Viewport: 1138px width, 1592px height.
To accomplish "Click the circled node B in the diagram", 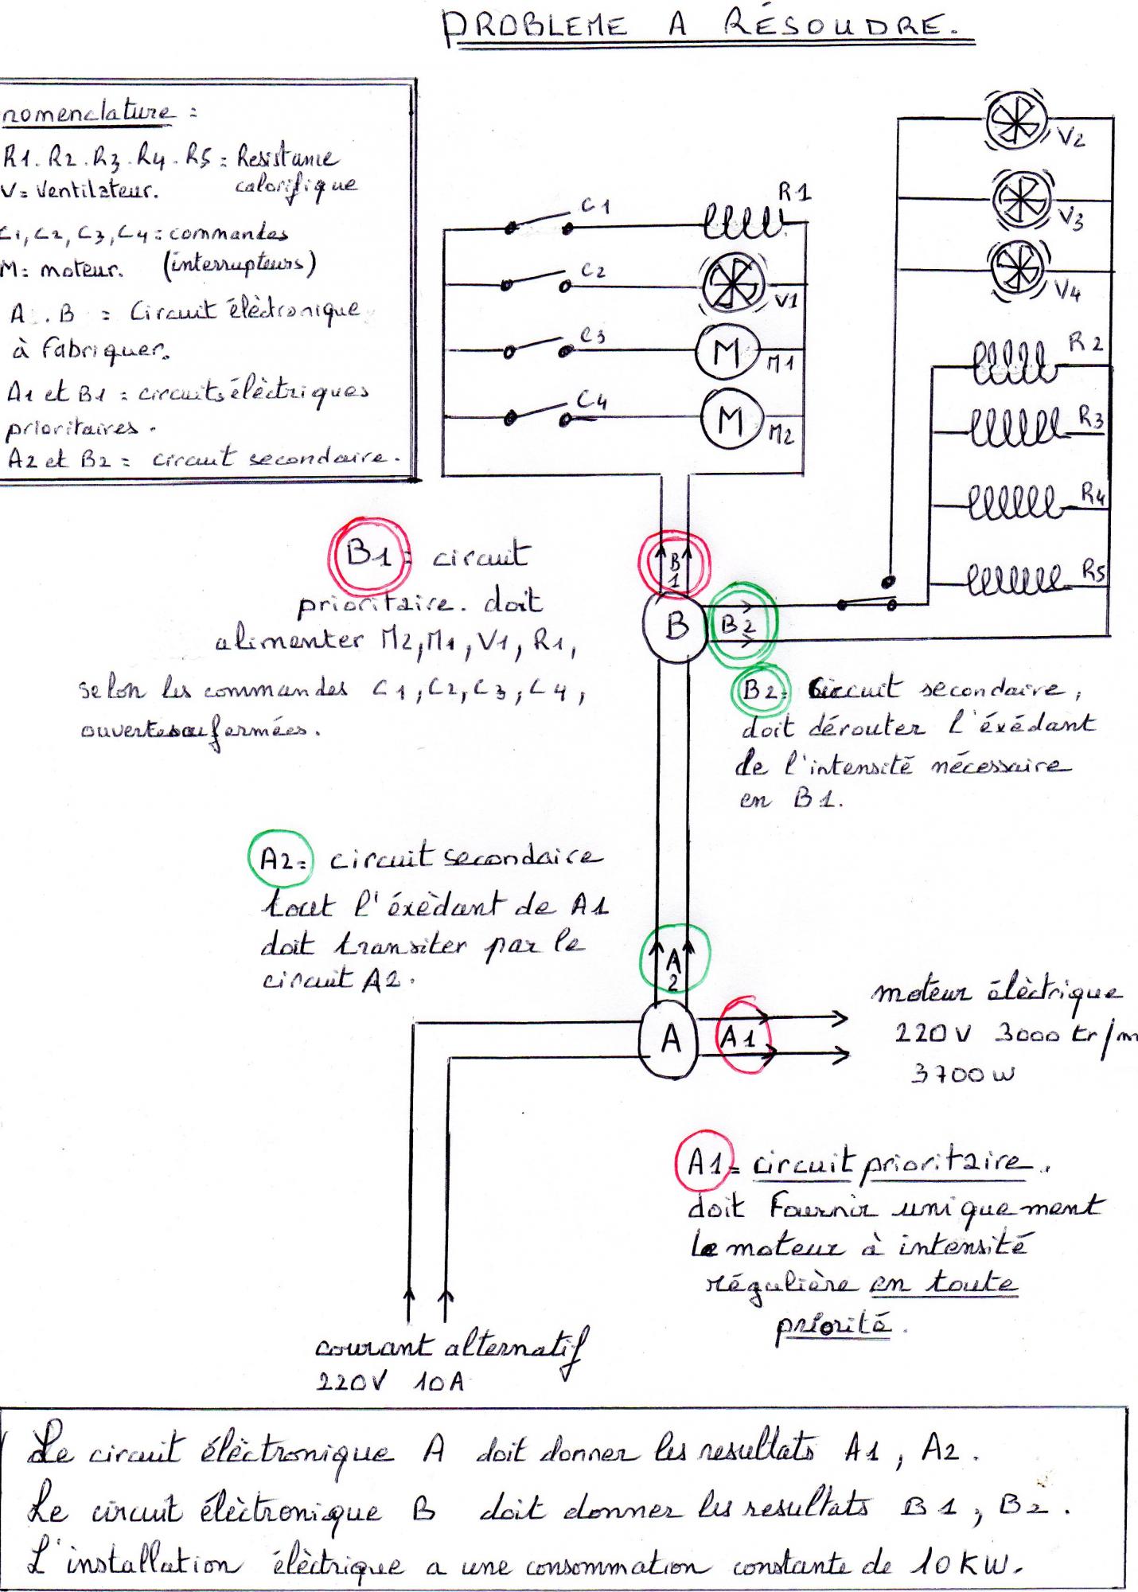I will pos(676,626).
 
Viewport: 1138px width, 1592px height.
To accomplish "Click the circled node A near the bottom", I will pos(671,1039).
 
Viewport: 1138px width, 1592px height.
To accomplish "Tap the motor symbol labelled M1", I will pos(727,352).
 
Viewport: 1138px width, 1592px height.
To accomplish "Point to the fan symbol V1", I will pos(731,284).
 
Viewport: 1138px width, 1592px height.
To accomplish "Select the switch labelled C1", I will pos(540,224).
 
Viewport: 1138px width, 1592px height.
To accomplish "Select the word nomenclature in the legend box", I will pos(88,113).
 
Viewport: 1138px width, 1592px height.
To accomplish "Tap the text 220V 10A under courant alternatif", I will pos(390,1383).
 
